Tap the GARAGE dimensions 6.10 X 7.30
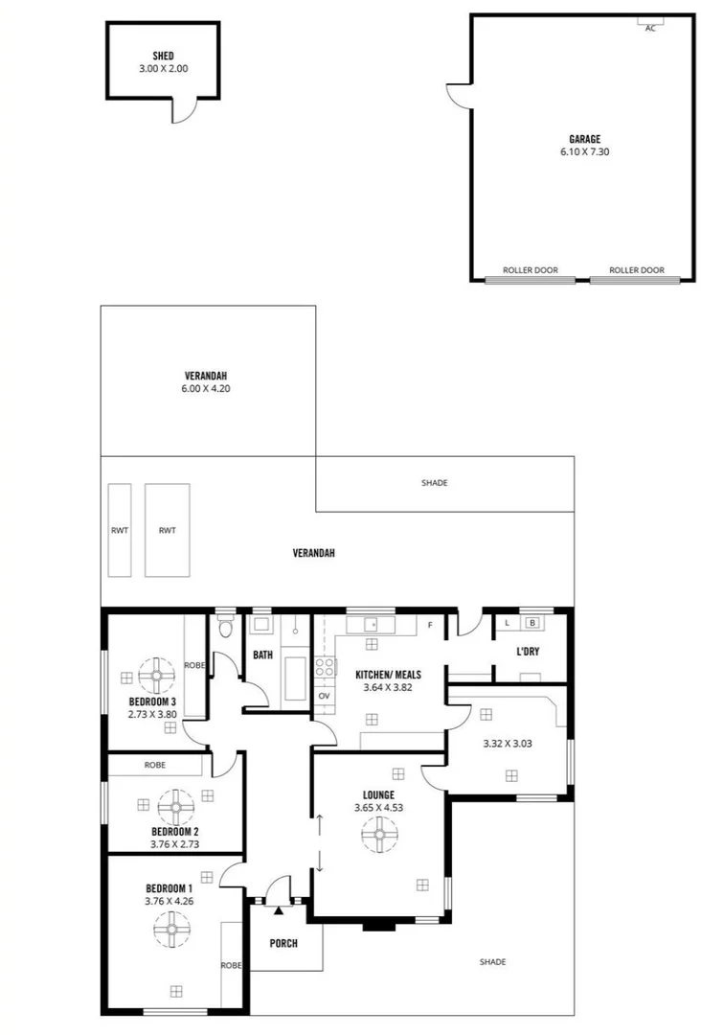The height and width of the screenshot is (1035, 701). click(584, 151)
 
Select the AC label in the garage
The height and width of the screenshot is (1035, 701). click(650, 29)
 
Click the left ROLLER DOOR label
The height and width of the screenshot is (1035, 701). click(530, 270)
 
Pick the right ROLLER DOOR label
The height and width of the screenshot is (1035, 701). click(637, 270)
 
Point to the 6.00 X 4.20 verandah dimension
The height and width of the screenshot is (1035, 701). click(208, 389)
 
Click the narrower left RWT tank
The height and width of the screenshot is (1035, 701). click(120, 529)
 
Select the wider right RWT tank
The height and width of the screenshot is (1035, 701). click(168, 529)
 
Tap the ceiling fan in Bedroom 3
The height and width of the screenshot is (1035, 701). click(155, 675)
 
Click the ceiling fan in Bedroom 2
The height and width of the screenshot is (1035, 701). click(175, 806)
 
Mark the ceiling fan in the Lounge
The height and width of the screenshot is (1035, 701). click(379, 838)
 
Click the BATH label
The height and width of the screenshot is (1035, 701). click(262, 655)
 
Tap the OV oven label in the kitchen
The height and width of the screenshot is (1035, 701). click(324, 695)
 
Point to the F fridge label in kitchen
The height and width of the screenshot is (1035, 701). click(431, 626)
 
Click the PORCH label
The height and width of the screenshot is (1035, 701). click(283, 943)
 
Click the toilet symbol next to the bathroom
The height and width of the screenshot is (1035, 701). click(225, 628)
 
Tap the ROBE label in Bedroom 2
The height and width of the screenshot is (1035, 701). click(155, 765)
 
